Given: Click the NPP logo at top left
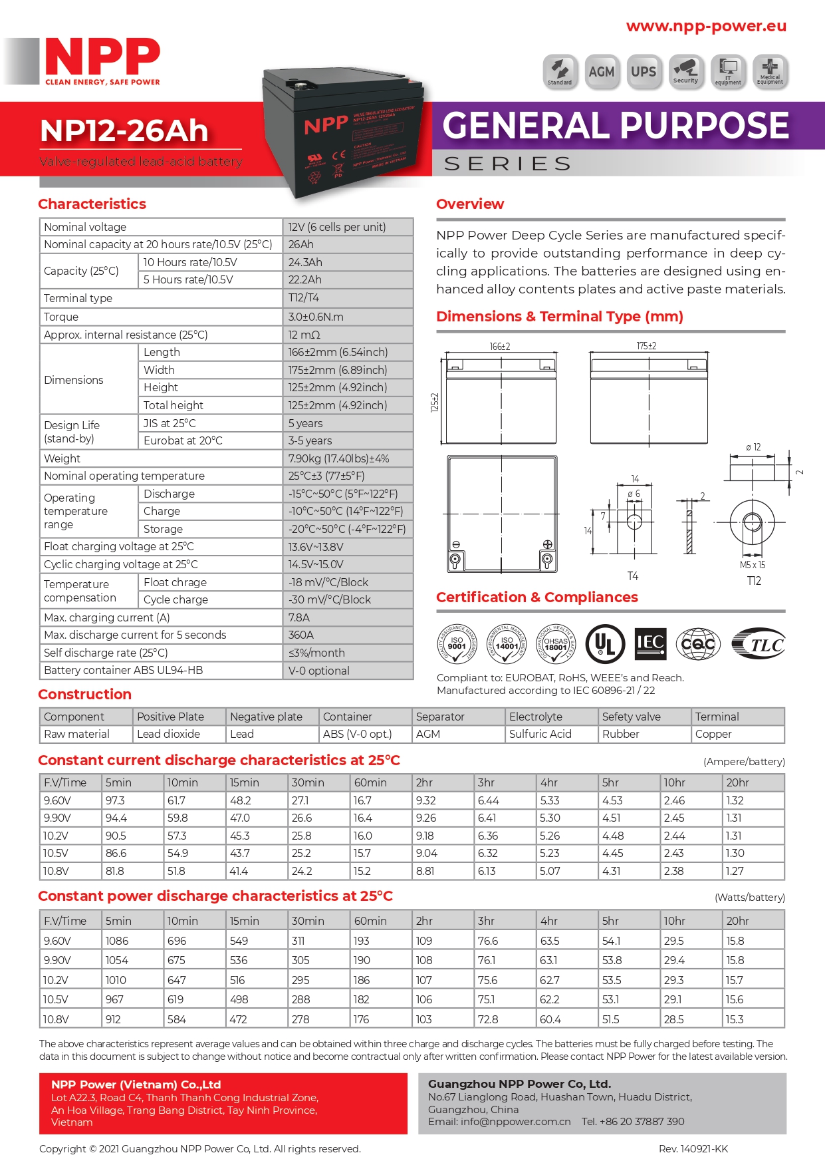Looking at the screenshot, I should tap(102, 60).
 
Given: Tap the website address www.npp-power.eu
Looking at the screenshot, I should tap(706, 26).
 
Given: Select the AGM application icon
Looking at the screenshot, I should tap(602, 72).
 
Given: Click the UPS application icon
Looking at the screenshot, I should tap(644, 72).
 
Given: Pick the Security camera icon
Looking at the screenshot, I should tap(685, 71).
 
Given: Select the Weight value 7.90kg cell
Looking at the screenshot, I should tap(338, 458).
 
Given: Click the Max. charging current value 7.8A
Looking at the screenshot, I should tap(299, 617).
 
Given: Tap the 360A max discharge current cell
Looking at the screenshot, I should tap(301, 635).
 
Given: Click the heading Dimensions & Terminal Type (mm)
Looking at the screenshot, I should tap(559, 317).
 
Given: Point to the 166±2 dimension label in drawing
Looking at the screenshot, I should tap(500, 347).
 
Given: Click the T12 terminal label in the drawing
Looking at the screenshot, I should tap(754, 581).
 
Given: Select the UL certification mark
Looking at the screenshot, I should tap(605, 644).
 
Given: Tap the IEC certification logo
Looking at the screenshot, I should tap(650, 643).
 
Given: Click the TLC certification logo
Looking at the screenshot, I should tap(759, 644).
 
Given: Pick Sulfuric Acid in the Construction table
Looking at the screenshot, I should tap(540, 734).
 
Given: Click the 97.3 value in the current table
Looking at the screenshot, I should tap(115, 800).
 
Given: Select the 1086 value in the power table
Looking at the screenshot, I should tap(117, 941).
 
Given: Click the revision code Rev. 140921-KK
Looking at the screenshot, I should tap(693, 1149).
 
